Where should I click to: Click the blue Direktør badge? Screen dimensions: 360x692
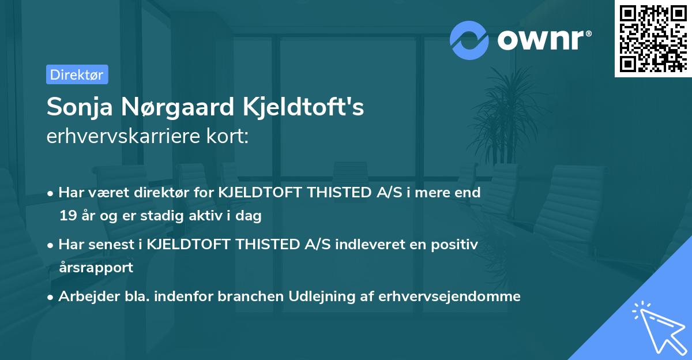77,74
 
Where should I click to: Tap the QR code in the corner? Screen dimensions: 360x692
652,38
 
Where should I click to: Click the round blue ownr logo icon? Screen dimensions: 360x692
469,40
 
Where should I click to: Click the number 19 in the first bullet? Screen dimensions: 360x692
67,216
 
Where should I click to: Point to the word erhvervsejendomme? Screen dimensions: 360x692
449,297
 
